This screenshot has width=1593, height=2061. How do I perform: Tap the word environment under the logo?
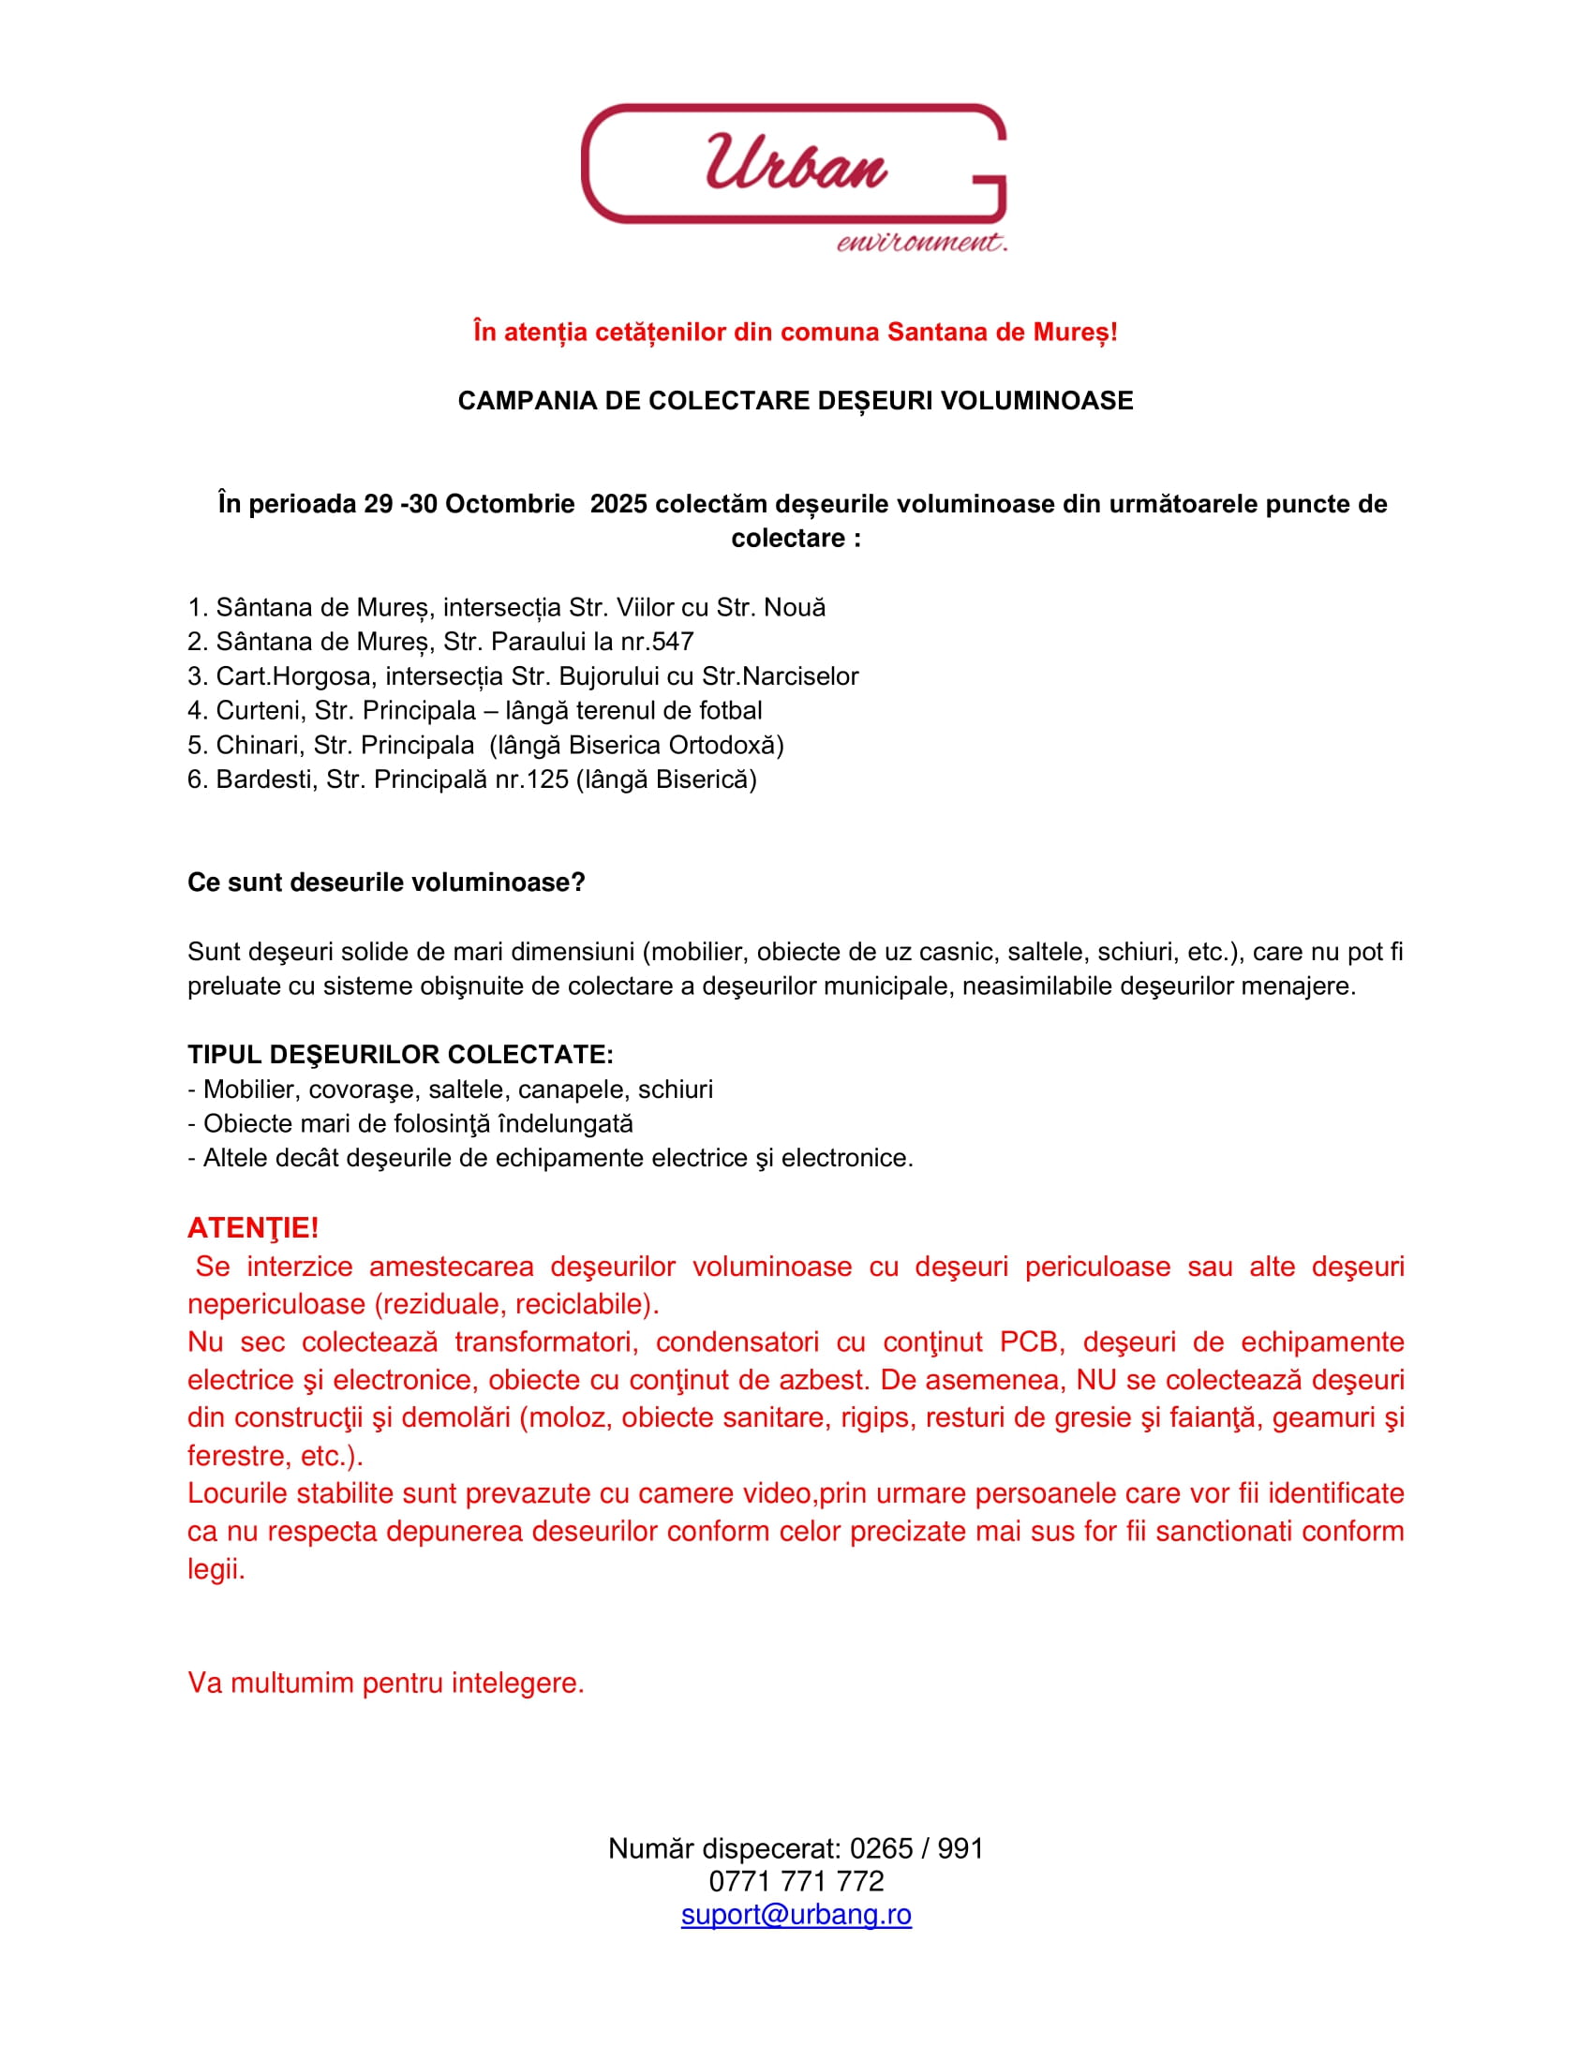pyautogui.click(x=921, y=243)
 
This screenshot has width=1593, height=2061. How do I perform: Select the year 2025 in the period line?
pyautogui.click(x=618, y=504)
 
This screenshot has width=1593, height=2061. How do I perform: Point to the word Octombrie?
pyautogui.click(x=510, y=504)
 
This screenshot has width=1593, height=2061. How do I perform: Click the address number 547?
pyautogui.click(x=672, y=642)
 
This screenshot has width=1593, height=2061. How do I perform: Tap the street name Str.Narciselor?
pyautogui.click(x=780, y=676)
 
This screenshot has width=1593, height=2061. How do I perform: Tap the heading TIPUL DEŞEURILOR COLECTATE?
pyautogui.click(x=400, y=1055)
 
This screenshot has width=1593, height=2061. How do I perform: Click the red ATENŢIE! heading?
pyautogui.click(x=253, y=1228)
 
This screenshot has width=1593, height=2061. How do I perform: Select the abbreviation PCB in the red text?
pyautogui.click(x=1028, y=1342)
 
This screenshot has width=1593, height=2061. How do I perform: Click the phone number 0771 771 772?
pyautogui.click(x=796, y=1881)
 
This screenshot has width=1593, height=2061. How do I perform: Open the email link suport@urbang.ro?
pyautogui.click(x=796, y=1914)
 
